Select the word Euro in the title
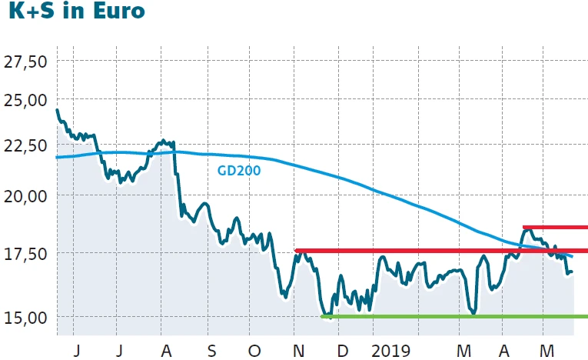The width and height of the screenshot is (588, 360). (x=117, y=13)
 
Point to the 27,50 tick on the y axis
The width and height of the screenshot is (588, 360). (x=25, y=61)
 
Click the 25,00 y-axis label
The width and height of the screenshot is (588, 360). (x=25, y=100)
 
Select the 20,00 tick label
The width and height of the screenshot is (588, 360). (x=25, y=196)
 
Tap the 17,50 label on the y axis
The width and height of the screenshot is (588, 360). (x=25, y=253)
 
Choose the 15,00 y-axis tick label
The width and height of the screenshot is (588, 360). (x=25, y=317)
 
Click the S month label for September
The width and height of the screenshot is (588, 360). (x=211, y=350)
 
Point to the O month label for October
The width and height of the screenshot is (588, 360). (x=254, y=350)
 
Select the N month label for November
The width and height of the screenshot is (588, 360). (x=300, y=350)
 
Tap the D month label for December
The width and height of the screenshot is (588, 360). (x=341, y=350)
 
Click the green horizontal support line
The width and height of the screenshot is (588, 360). (x=453, y=316)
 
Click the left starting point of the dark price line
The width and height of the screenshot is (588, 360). (x=58, y=110)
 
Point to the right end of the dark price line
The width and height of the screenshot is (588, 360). (x=572, y=272)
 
